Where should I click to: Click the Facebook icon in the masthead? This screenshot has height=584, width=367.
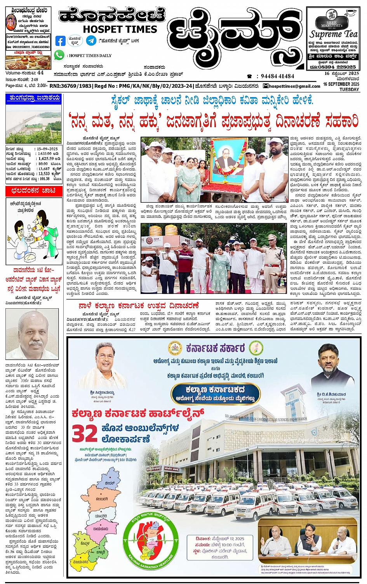click(x=60, y=41)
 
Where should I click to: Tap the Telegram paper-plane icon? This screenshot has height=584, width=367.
click(x=91, y=40)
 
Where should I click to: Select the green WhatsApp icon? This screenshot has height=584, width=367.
click(x=59, y=55)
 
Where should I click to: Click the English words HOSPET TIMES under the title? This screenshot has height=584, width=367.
click(x=120, y=29)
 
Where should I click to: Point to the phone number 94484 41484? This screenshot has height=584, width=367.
click(x=277, y=76)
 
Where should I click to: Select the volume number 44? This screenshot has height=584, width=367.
click(x=40, y=73)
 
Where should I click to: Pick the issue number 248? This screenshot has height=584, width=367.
click(x=35, y=79)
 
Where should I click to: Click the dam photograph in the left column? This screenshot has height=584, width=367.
click(x=33, y=123)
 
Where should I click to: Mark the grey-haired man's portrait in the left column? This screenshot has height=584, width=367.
click(x=32, y=334)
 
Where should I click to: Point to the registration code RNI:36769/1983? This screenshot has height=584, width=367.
click(x=71, y=86)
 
